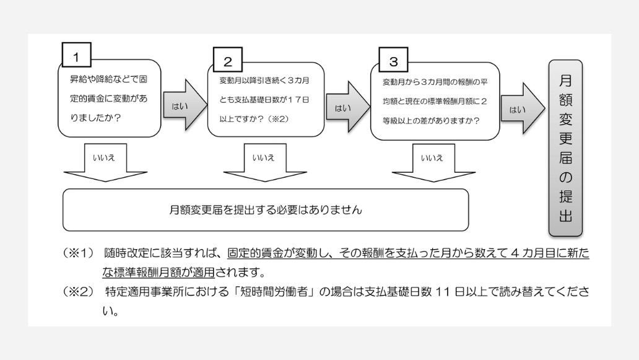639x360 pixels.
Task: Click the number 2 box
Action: pos(228,61)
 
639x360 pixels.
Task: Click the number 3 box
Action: pos(393,61)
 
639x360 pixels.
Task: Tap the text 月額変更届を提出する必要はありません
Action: pos(265,210)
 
